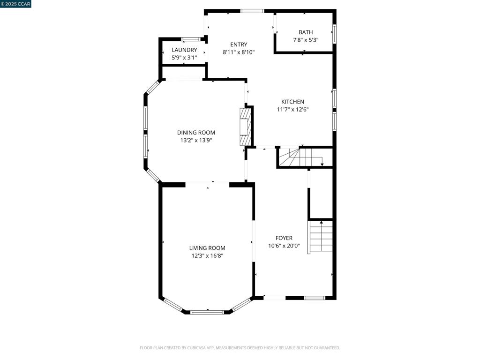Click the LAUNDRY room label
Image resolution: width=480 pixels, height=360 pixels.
point(184,50)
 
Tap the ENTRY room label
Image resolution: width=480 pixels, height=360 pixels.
point(239,45)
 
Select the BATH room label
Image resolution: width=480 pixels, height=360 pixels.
point(306,32)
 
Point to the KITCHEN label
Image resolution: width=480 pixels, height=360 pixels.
point(292,102)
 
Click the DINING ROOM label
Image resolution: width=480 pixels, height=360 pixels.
point(196,133)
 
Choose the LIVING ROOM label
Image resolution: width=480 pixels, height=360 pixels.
point(207,248)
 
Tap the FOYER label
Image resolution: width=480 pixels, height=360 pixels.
point(284,238)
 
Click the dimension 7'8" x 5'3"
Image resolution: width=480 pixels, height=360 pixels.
point(306,40)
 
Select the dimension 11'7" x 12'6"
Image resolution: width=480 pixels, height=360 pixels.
point(292,110)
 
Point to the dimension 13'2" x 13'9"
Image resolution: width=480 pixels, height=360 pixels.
point(196,140)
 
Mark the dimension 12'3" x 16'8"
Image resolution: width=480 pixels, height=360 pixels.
point(207,256)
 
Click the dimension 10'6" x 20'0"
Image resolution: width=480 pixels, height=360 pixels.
point(284,246)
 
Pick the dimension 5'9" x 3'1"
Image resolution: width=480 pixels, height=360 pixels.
point(184,58)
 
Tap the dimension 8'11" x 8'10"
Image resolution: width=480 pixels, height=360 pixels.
point(239,52)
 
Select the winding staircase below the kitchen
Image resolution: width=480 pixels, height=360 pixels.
point(300,157)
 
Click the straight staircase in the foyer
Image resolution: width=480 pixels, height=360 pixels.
point(321,237)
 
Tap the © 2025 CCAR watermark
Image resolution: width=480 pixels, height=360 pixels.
point(15,4)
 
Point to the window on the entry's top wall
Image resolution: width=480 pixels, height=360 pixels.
point(252,11)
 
